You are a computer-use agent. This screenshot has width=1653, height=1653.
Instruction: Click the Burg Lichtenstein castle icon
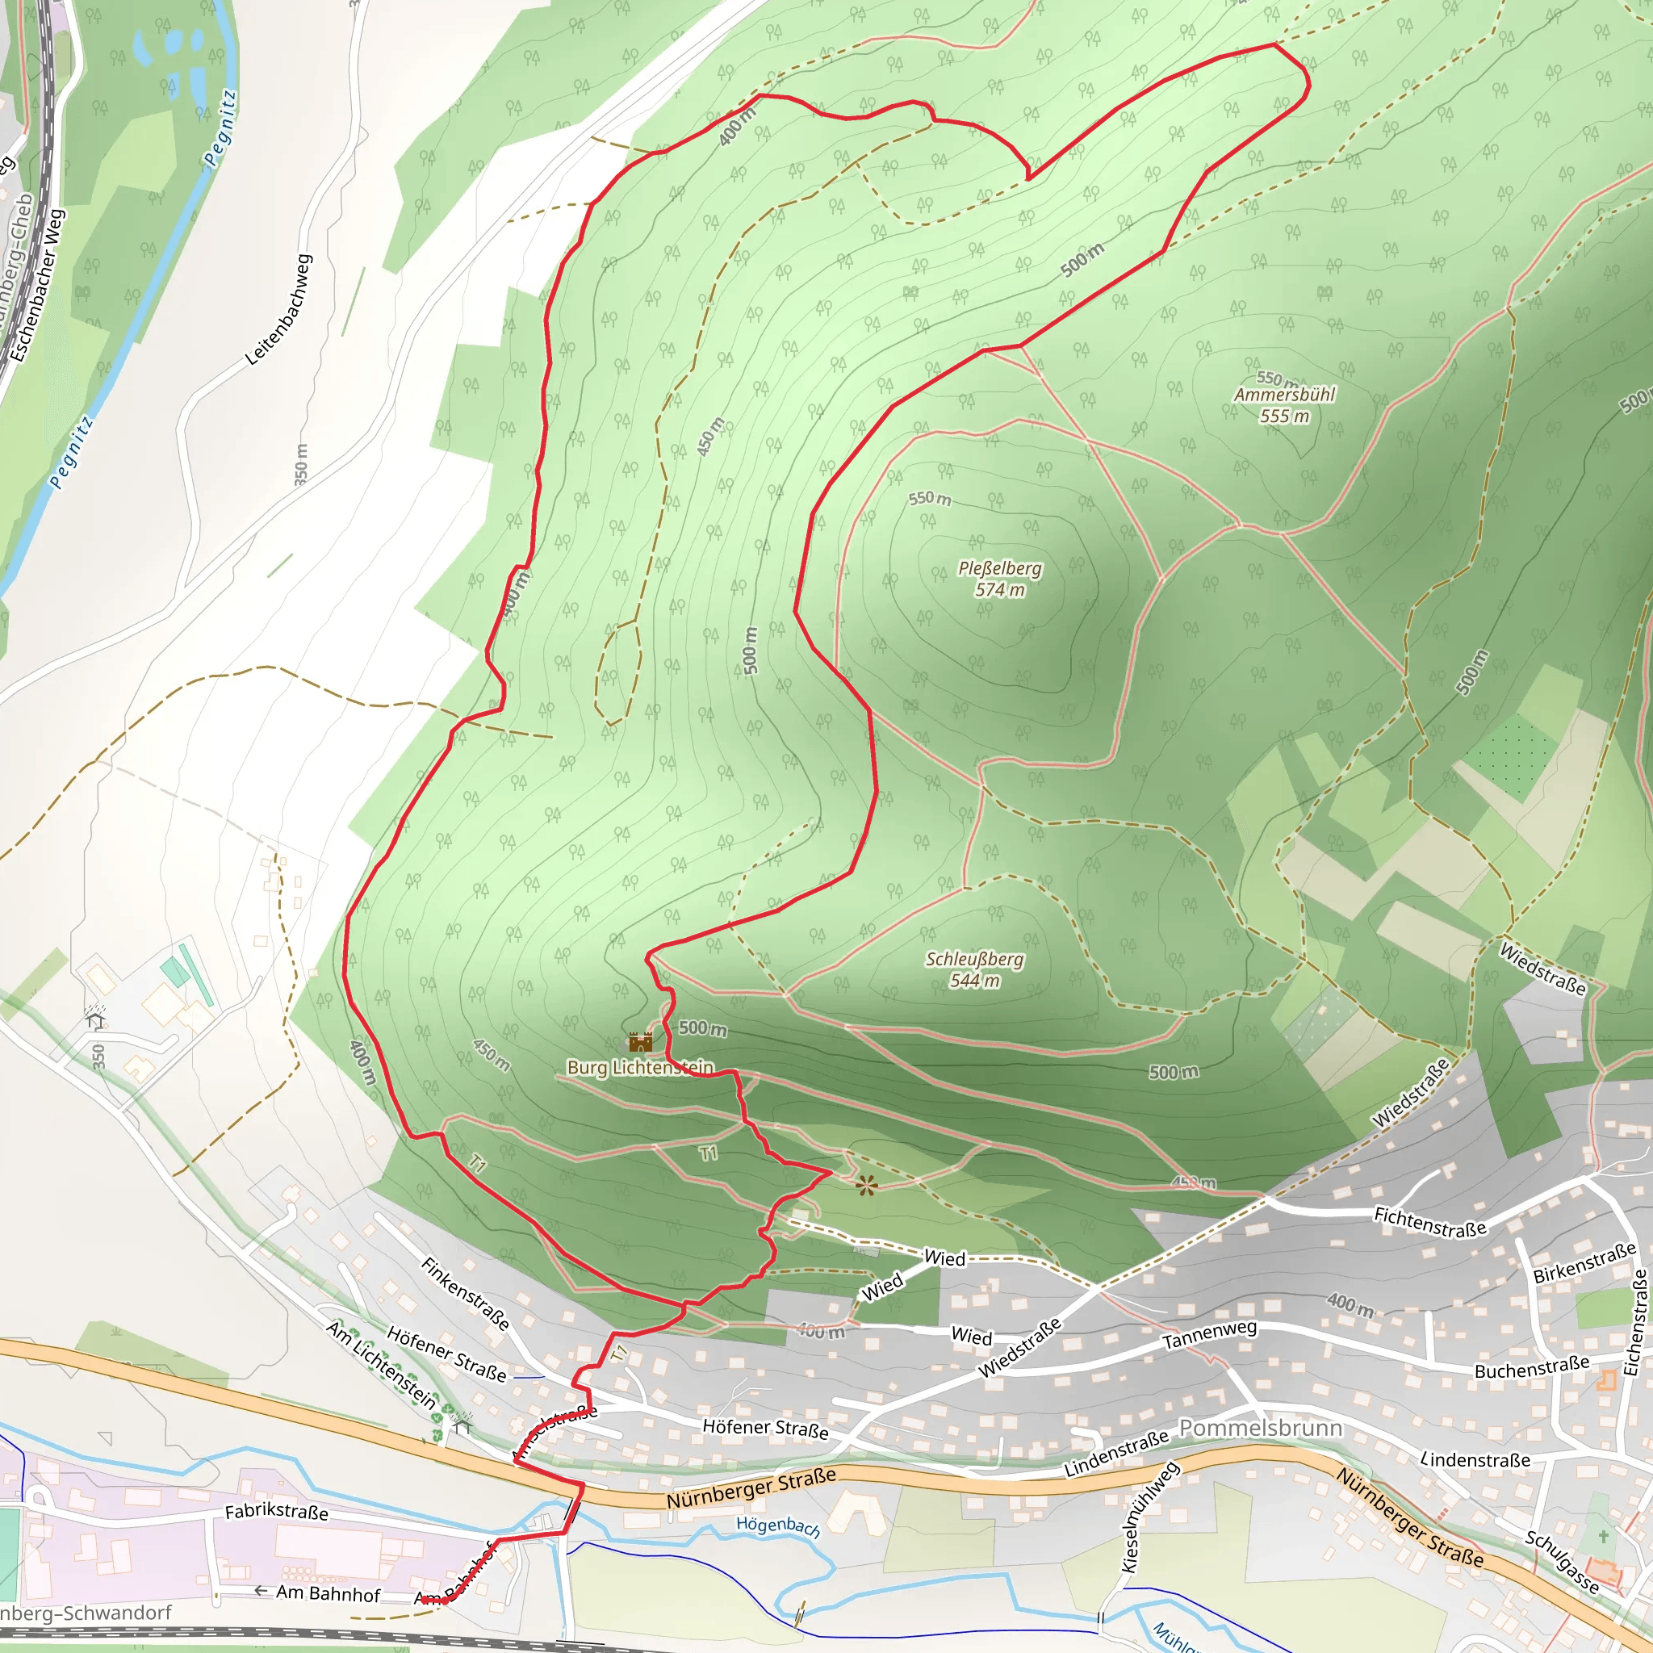[641, 1042]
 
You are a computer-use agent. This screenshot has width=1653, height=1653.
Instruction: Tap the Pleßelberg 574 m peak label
[999, 580]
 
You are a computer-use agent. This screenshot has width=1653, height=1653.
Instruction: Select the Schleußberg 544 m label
[974, 969]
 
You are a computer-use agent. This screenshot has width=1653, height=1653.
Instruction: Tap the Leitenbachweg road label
[279, 310]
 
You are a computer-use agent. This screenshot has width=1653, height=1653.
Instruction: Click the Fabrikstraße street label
[276, 1512]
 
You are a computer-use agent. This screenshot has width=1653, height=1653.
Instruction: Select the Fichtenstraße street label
[1429, 1222]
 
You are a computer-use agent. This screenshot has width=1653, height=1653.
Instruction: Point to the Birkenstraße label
[1584, 1263]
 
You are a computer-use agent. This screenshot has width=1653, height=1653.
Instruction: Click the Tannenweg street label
[1209, 1336]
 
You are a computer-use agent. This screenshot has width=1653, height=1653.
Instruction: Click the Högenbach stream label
[778, 1526]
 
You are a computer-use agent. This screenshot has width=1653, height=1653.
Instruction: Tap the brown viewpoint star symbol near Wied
[866, 1186]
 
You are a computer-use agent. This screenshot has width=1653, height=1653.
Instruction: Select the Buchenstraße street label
[1531, 1366]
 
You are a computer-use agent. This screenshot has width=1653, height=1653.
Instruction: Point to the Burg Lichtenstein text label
[640, 1068]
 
